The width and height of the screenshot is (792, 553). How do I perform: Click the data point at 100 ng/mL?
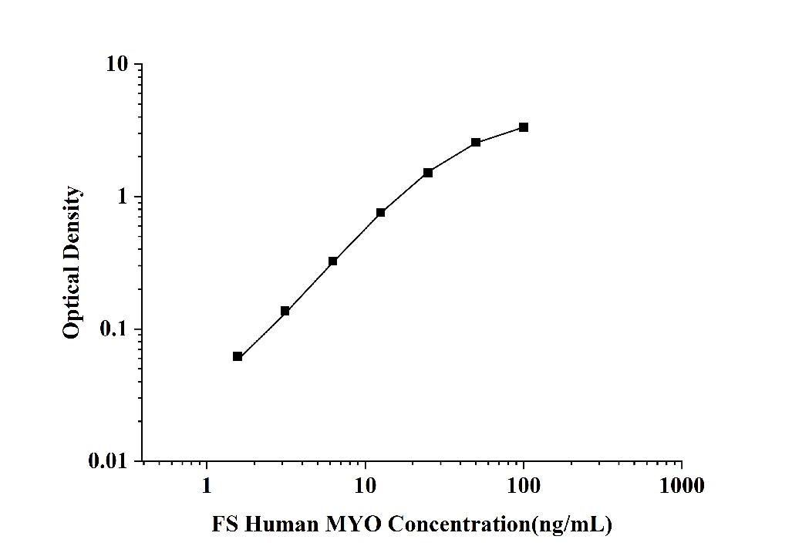(x=524, y=127)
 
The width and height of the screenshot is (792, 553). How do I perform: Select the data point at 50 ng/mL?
(x=476, y=143)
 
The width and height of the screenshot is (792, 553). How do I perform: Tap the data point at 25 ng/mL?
(x=428, y=173)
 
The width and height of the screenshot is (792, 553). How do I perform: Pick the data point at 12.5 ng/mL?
(x=381, y=212)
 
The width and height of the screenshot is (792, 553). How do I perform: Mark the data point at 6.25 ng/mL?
(x=333, y=261)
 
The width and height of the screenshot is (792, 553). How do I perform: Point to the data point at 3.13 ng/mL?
(x=285, y=311)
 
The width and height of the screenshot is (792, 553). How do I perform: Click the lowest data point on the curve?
(x=238, y=356)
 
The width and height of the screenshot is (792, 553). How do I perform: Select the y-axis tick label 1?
(x=123, y=197)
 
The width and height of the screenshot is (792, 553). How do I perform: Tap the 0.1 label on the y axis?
(x=115, y=329)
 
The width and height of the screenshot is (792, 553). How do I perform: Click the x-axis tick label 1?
(x=207, y=486)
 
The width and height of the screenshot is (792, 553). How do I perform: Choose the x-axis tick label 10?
(x=366, y=486)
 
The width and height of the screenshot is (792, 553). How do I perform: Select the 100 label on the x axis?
(x=524, y=486)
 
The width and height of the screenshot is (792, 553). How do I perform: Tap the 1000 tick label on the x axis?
(x=682, y=486)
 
